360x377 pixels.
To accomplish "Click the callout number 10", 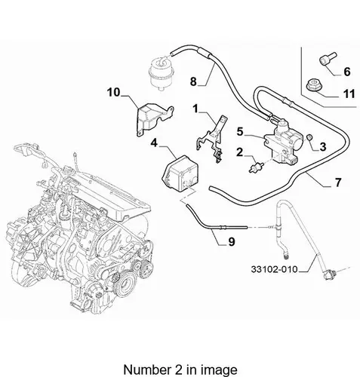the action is pos(114,92).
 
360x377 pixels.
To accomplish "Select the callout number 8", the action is pos(193,81).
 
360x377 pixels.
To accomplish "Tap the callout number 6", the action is pos(347,72).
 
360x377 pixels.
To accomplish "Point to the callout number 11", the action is pos(349,94).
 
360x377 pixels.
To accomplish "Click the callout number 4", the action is pos(154,143).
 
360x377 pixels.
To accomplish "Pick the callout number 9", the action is pos(232,241).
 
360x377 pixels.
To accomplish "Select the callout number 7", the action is pos(338,182).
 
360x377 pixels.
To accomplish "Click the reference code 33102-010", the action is pos(274,269).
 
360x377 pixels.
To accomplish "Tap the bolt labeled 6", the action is pos(328,59).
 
